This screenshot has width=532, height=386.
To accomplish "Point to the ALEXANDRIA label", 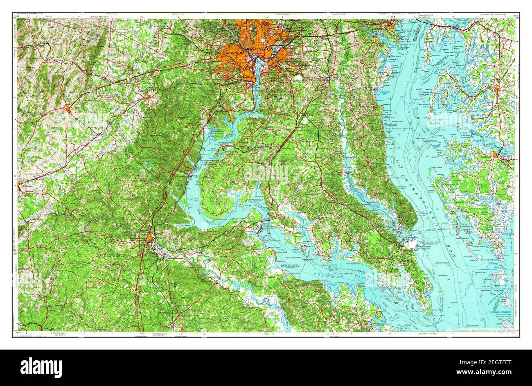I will point(243,77).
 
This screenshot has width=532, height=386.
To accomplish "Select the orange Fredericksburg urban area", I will point(151,238).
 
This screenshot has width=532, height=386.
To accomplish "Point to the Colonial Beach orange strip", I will point(272,256).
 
